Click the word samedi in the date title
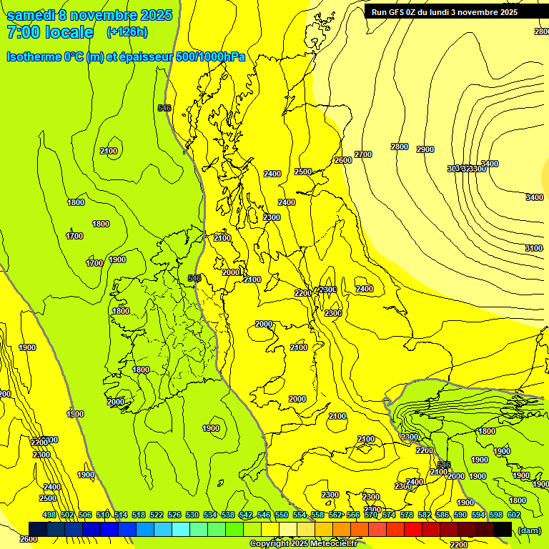[28, 14]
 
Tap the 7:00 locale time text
[50, 32]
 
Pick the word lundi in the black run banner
[453, 12]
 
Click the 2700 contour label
[363, 154]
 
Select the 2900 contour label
[425, 149]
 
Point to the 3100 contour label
[533, 248]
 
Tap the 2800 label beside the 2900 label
[399, 147]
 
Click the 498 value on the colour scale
[49, 515]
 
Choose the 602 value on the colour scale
[513, 515]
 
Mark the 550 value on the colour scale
[282, 515]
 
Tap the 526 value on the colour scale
[174, 515]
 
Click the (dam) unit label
[530, 530]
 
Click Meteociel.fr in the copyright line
[332, 544]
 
